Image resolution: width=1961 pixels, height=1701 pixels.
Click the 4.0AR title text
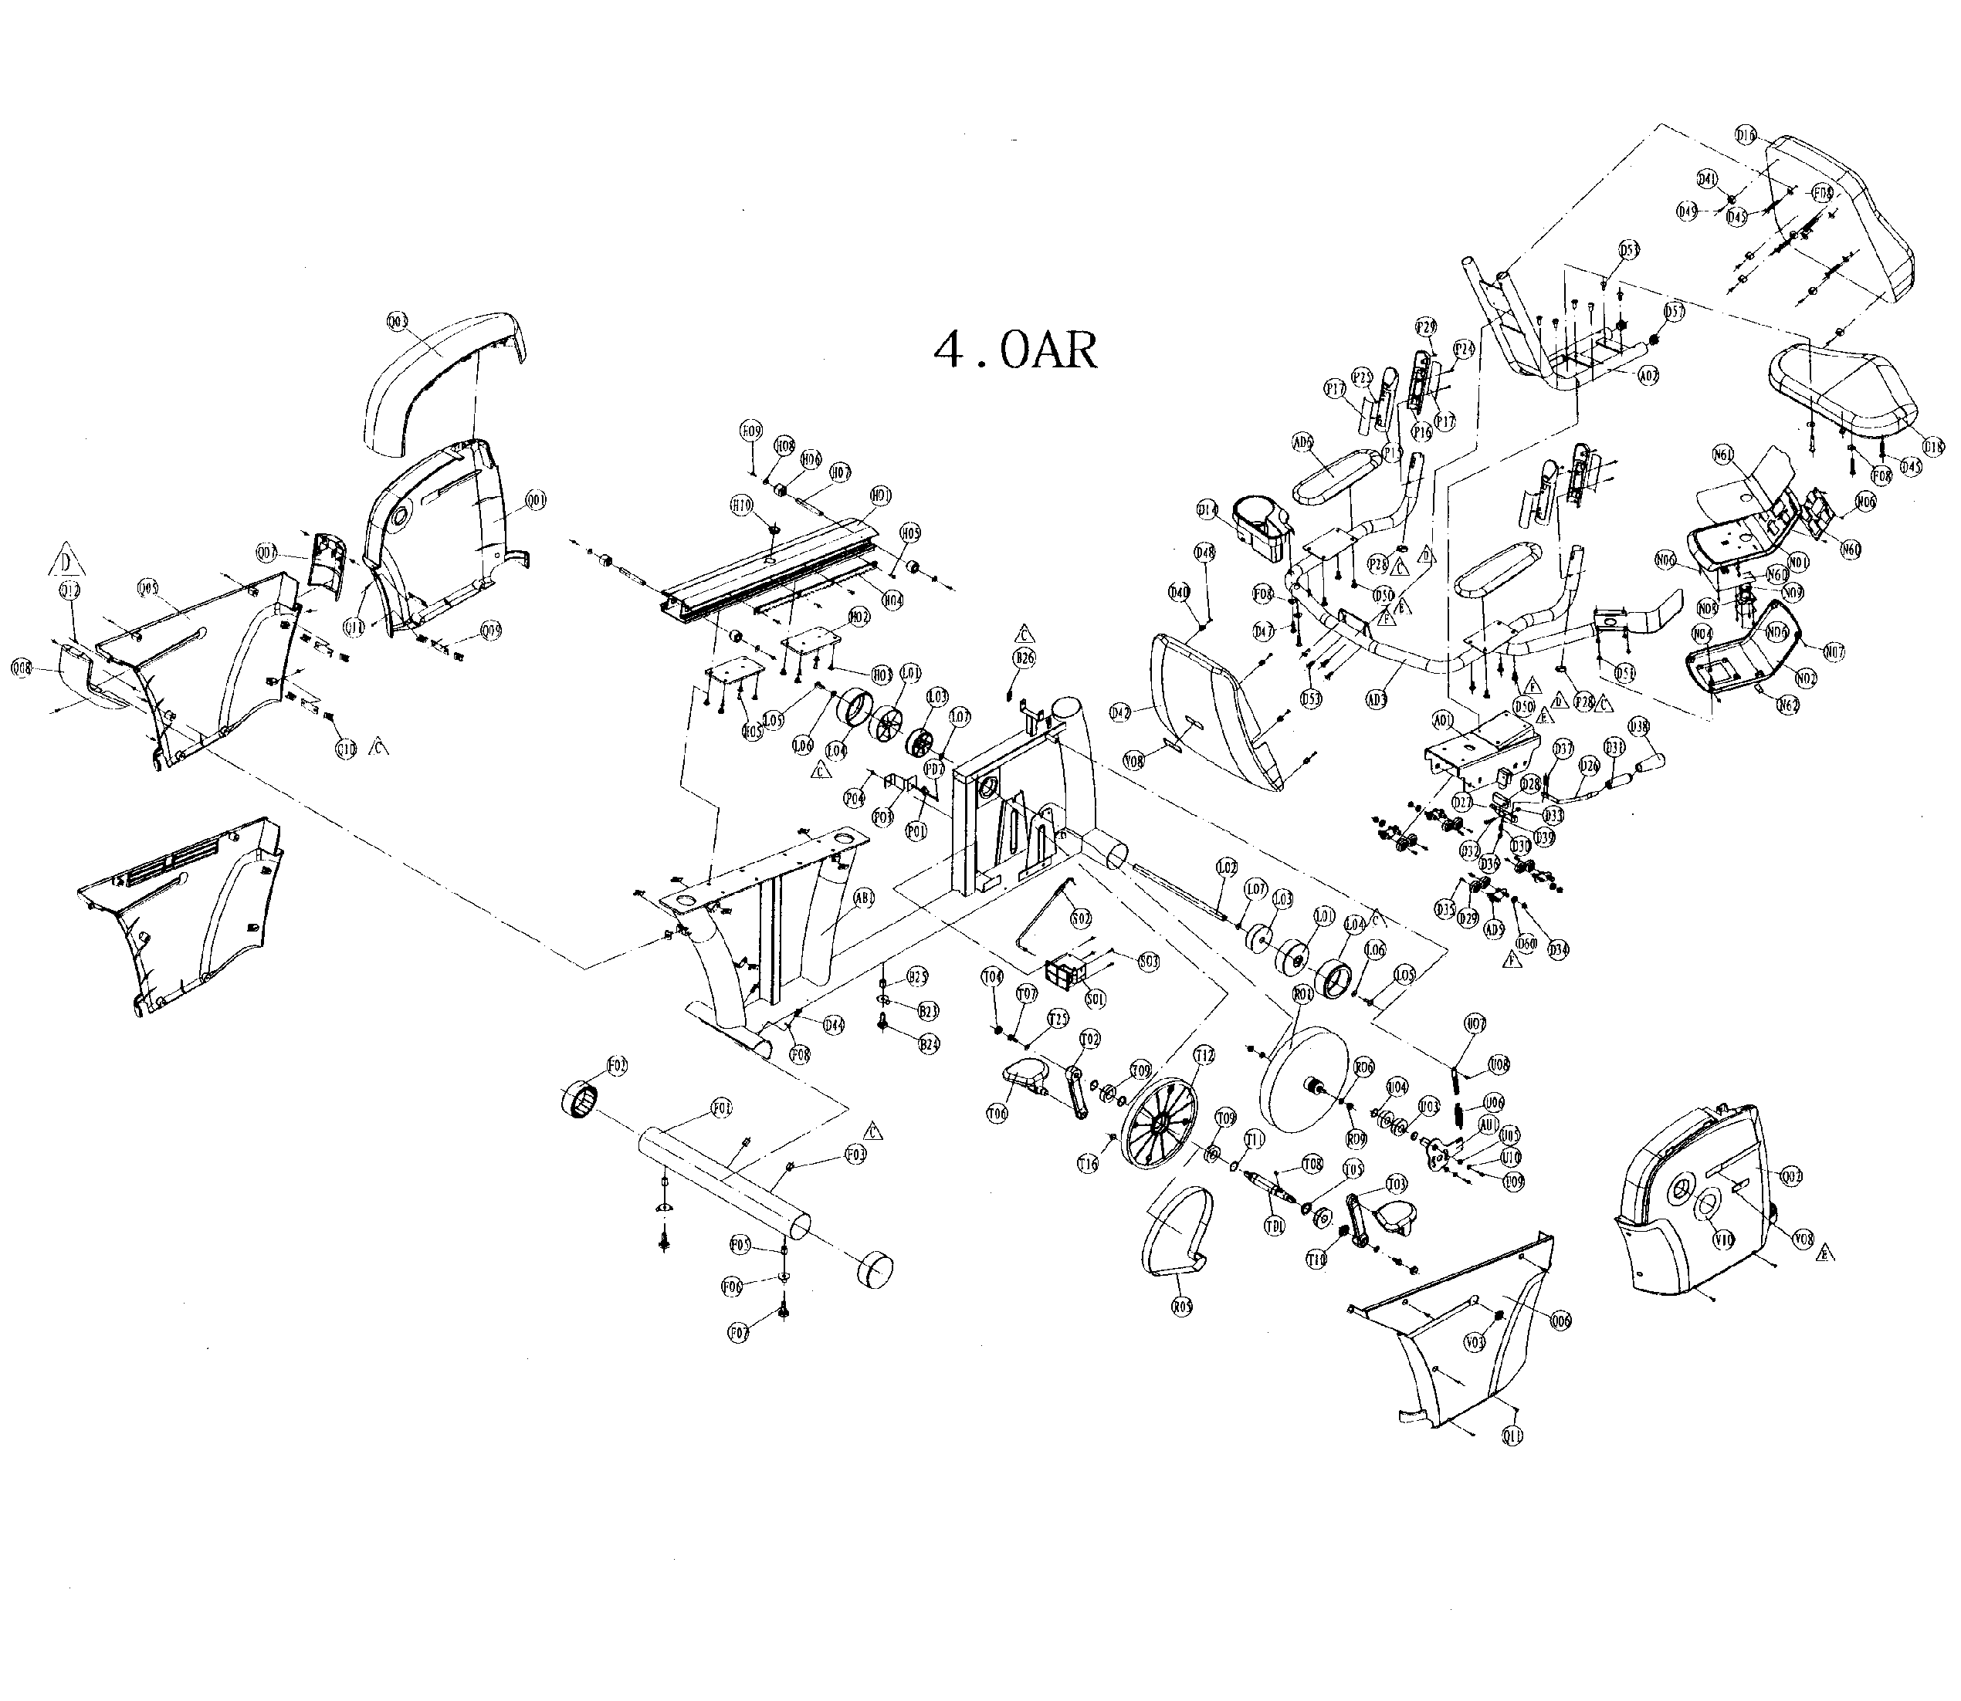coord(1015,351)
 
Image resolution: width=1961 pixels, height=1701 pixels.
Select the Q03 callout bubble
coord(397,323)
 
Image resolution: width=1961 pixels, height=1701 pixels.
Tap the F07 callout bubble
coord(738,1333)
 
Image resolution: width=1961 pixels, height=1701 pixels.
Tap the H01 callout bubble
coord(881,495)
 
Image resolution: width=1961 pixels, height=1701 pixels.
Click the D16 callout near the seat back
coord(1746,136)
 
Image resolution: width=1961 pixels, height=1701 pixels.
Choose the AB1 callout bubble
coord(863,897)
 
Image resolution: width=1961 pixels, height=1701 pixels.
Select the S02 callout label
coord(1080,919)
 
